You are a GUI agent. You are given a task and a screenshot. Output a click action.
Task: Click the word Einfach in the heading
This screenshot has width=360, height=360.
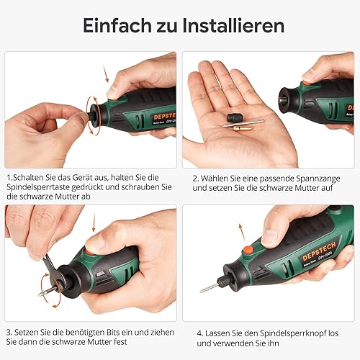pos(117,25)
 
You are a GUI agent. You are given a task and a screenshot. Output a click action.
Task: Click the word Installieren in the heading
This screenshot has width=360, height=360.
pos(233,25)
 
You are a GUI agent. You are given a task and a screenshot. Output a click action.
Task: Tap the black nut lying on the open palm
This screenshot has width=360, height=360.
pos(233,118)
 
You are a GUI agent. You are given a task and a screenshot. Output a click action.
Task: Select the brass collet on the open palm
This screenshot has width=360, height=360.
pos(242,129)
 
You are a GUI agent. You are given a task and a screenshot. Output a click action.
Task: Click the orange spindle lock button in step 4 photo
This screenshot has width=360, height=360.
pos(248,250)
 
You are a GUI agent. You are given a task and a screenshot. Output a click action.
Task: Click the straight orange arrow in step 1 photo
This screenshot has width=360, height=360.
pos(106,73)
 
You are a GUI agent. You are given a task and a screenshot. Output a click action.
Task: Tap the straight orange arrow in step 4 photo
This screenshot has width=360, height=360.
pos(242,233)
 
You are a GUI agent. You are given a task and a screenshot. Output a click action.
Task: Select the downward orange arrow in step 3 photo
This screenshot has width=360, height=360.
pos(94,222)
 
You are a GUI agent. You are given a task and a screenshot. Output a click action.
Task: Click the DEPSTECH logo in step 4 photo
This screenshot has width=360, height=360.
pos(319,251)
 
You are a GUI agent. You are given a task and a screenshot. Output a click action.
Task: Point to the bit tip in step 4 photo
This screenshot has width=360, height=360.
pos(201,291)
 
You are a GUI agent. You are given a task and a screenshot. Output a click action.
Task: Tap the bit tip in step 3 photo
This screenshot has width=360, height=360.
pos(40,294)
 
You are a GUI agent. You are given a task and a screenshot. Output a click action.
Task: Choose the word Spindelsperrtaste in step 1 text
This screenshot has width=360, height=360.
pos(38,187)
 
